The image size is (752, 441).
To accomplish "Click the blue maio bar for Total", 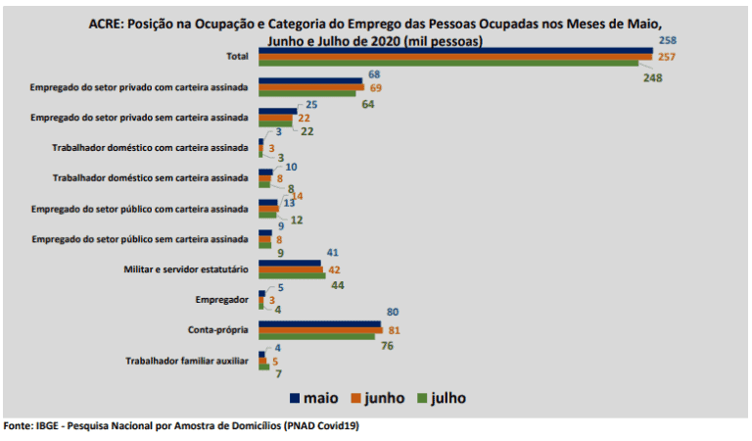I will [x=455, y=51].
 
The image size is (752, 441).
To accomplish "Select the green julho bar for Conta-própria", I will [x=315, y=336].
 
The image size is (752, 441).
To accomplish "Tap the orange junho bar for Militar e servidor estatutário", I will [x=291, y=269].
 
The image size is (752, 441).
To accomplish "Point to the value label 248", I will [x=654, y=78].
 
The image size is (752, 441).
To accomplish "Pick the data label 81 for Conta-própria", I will [x=395, y=330].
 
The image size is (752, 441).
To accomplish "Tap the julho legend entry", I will [x=442, y=398].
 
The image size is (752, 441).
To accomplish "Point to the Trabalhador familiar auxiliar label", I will [x=187, y=361].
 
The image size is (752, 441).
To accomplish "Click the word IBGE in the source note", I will [x=48, y=426].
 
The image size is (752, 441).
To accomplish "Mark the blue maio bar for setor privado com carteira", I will [x=309, y=79].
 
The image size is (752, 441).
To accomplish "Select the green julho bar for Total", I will [x=448, y=63].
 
